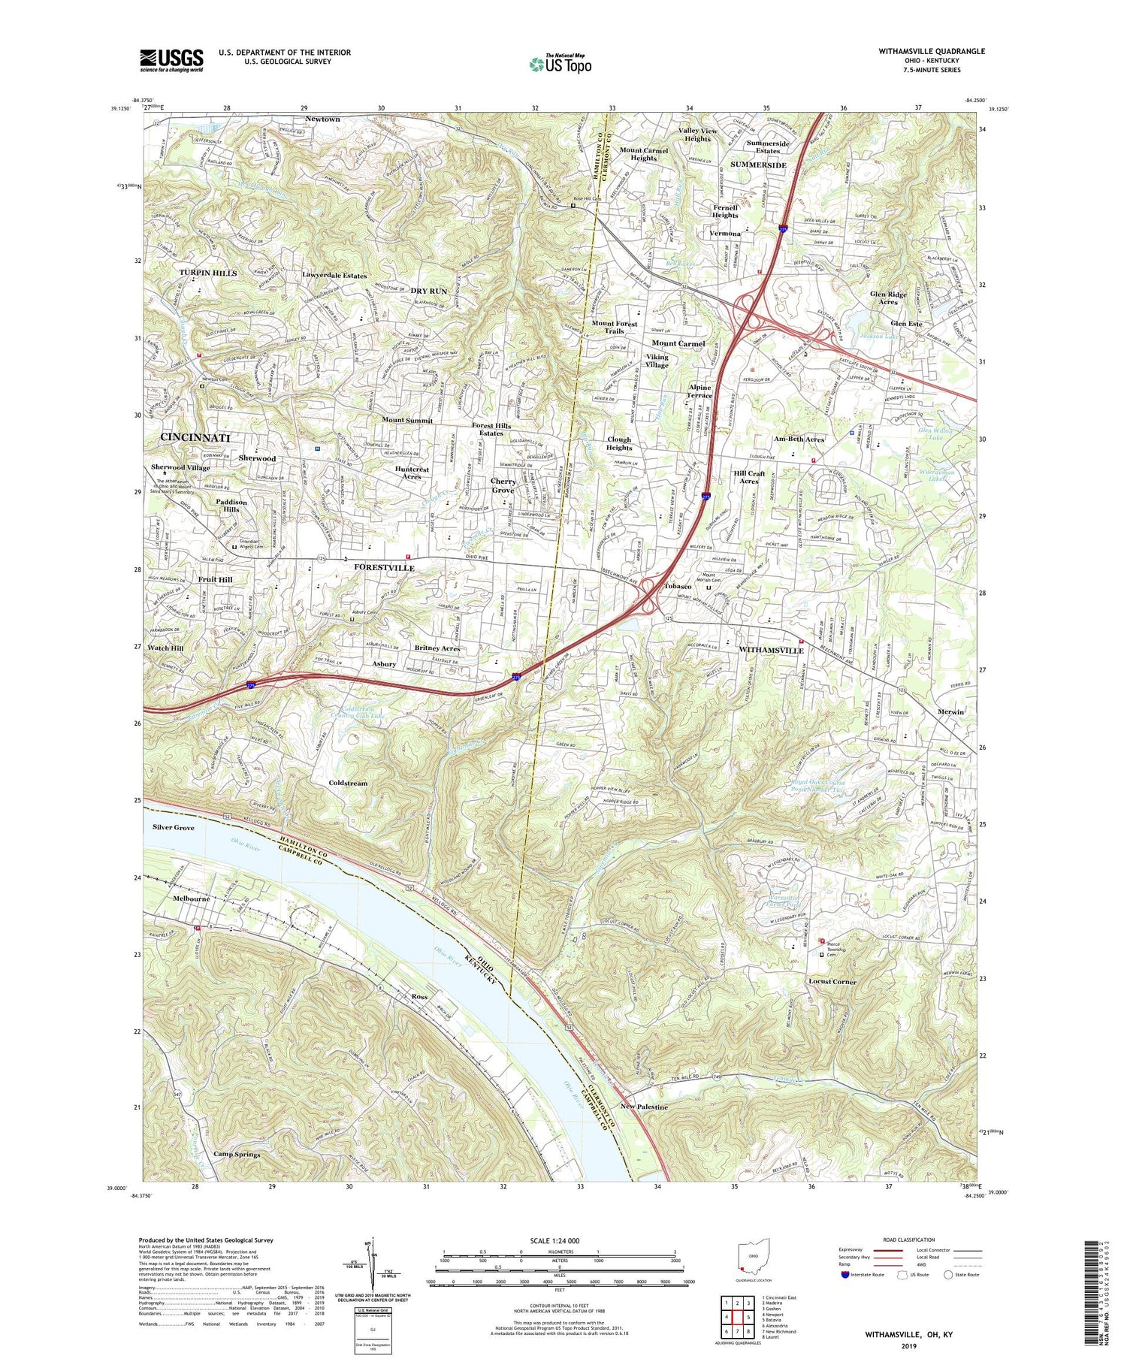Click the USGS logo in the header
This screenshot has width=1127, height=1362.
click(171, 60)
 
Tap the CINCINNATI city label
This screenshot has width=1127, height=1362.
click(195, 437)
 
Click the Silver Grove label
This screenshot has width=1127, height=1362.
click(173, 827)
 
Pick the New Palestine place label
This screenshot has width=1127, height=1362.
click(644, 1107)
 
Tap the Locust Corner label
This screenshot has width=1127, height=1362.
click(832, 982)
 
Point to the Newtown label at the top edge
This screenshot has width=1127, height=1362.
click(322, 119)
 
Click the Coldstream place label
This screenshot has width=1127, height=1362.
click(348, 783)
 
